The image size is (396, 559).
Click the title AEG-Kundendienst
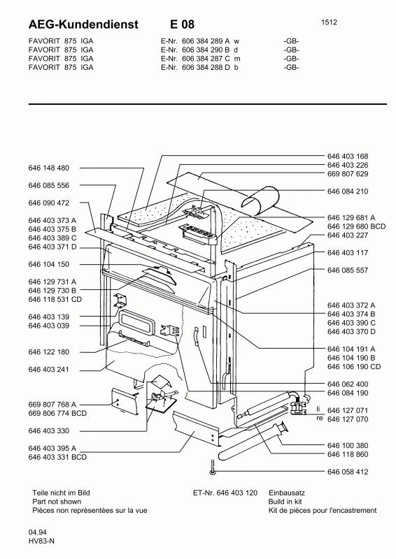(x=83, y=24)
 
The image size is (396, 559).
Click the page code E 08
(x=182, y=24)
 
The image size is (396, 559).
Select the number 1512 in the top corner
(x=329, y=22)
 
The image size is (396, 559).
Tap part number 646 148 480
(x=49, y=168)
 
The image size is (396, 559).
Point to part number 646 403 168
(x=348, y=156)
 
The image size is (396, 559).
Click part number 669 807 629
(x=348, y=174)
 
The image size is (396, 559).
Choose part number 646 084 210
(x=348, y=191)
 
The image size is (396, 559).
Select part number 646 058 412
(x=348, y=472)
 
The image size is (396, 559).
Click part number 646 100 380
(x=348, y=446)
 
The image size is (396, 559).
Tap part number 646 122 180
(x=49, y=352)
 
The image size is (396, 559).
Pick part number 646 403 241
(x=49, y=370)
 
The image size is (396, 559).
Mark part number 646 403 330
(x=49, y=431)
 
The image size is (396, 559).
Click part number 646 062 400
(x=348, y=384)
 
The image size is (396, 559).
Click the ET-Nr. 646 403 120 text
(x=225, y=493)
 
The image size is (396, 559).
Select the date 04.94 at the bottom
(x=37, y=532)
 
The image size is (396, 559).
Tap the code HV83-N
(x=41, y=541)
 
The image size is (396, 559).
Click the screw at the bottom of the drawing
(x=213, y=467)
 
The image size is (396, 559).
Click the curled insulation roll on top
(x=261, y=201)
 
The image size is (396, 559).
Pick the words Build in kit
(x=285, y=502)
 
